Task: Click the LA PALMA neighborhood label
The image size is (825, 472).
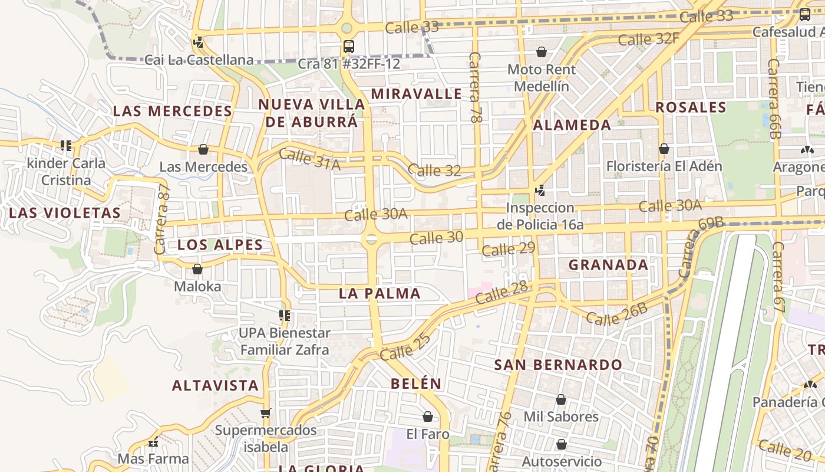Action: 379,293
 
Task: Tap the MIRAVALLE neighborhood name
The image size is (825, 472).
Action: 417,94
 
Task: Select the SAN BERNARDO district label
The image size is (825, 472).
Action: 558,365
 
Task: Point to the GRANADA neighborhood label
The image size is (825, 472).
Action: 608,265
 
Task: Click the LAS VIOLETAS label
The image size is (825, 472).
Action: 65,213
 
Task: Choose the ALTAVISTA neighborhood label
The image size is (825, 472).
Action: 216,386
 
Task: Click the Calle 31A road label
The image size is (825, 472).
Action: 309,159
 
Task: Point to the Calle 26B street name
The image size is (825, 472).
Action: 616,314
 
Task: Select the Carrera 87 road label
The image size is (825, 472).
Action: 162,219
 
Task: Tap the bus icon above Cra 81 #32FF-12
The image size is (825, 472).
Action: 349,46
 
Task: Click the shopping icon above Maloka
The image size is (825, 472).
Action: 197,269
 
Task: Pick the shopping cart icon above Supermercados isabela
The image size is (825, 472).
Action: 266,413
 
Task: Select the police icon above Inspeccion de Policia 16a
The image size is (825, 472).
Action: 540,190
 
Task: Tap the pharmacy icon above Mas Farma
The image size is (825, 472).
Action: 153,442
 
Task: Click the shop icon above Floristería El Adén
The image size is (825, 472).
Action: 664,149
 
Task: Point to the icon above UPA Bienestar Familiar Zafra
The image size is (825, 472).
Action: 285,316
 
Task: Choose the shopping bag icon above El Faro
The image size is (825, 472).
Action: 428,417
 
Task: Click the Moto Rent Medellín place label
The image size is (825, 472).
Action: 541,78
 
